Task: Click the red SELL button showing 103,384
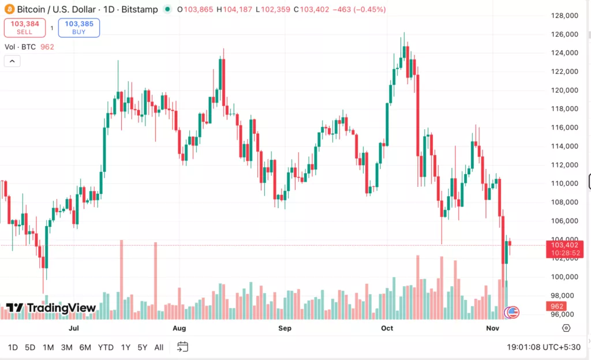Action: (x=24, y=28)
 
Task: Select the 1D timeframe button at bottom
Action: (x=13, y=347)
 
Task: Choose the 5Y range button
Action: (x=142, y=347)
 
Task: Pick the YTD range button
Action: (x=106, y=347)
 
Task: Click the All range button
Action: (x=159, y=347)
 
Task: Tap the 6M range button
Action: (x=85, y=347)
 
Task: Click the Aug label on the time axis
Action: (x=179, y=328)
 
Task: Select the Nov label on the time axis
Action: (x=492, y=328)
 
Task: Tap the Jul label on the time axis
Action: (x=73, y=328)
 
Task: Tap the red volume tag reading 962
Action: (x=557, y=306)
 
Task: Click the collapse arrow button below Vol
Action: (x=12, y=61)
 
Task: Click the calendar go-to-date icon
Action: (x=182, y=347)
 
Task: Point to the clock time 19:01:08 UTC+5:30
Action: (x=544, y=347)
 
